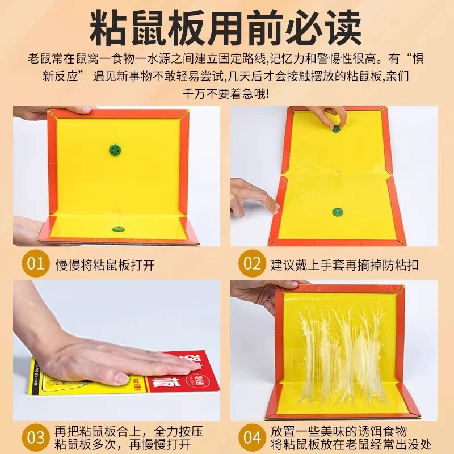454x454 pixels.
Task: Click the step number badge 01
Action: (35, 263)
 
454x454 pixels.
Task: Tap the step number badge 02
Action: (252, 263)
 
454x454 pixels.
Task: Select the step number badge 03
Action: (35, 437)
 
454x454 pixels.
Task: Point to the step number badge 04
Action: (252, 437)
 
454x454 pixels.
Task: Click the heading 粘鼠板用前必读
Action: (226, 28)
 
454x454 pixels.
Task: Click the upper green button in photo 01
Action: (115, 150)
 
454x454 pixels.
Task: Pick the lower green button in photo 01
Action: (119, 230)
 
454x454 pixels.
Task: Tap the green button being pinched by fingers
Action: (337, 129)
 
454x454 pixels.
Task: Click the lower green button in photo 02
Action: (337, 212)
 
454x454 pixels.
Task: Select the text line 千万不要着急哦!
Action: (226, 94)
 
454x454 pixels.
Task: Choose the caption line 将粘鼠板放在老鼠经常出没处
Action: (351, 444)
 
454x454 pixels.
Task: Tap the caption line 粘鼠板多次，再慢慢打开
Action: (123, 444)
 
